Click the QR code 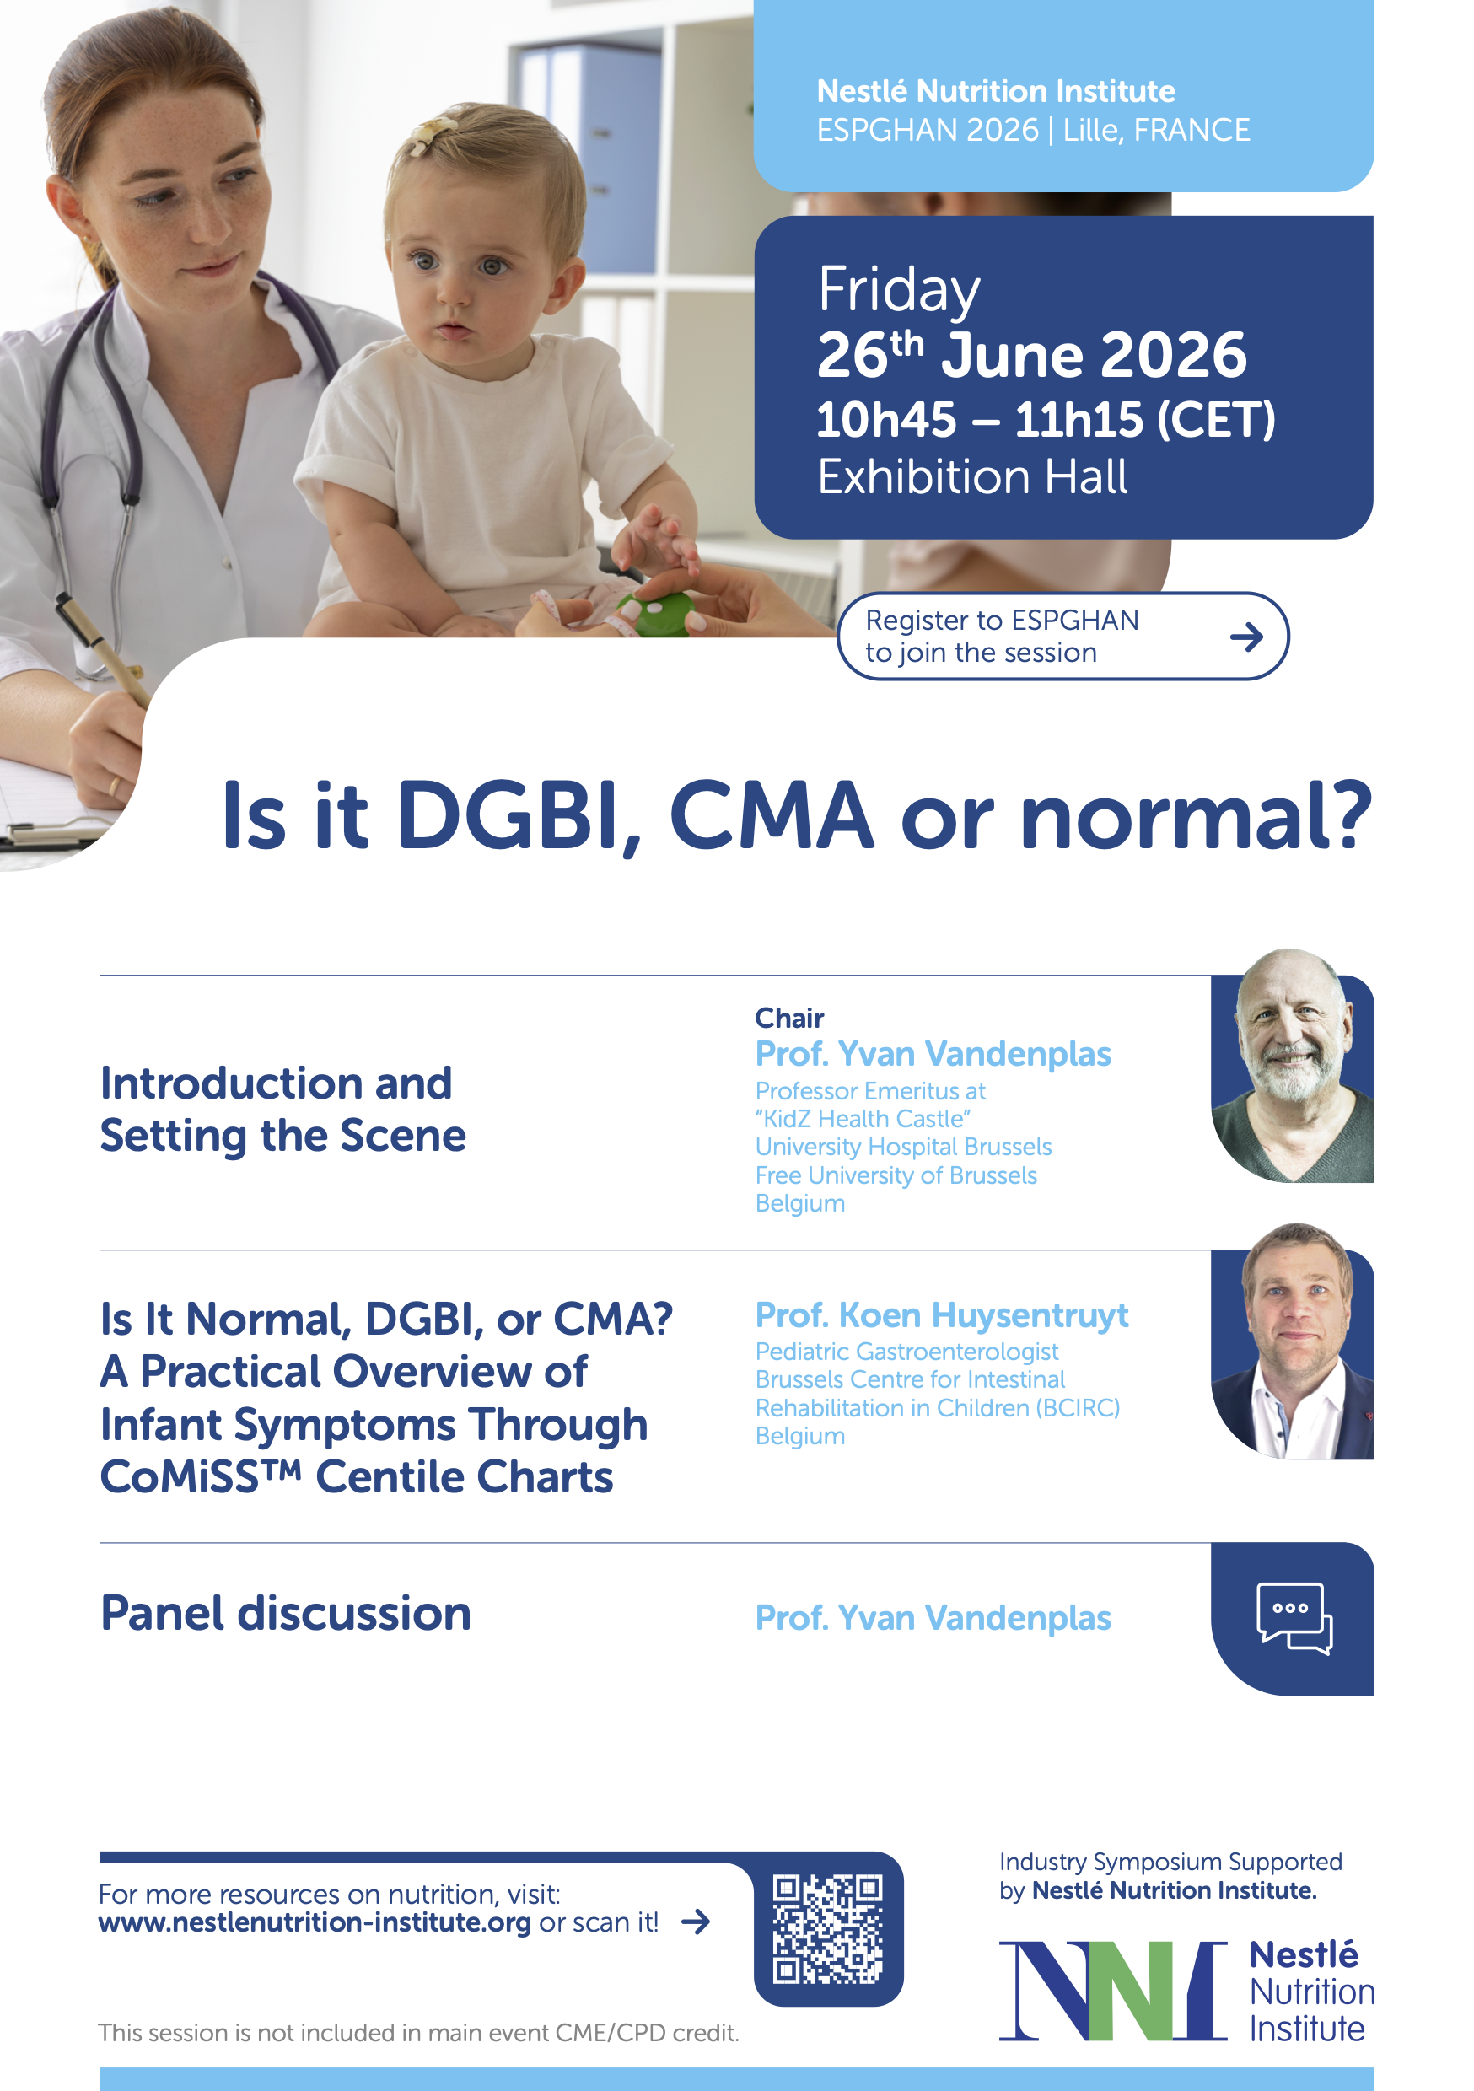[x=827, y=1929]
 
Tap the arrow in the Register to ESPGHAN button [x=1246, y=637]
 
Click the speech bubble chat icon [x=1294, y=1618]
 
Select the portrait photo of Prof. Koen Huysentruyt [x=1292, y=1341]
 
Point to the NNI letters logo [x=1113, y=1991]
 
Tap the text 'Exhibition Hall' [x=972, y=476]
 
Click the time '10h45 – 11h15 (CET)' [x=1046, y=420]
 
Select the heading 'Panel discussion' [x=286, y=1615]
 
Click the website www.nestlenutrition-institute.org [x=315, y=1922]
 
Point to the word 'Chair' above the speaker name [x=789, y=1018]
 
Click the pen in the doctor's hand [x=103, y=651]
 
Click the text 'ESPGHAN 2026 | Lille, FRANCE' [x=1033, y=130]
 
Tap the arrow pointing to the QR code [x=695, y=1922]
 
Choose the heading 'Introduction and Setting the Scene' [x=282, y=1110]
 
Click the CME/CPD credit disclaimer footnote [x=418, y=2033]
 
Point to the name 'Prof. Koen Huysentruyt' [x=942, y=1315]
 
